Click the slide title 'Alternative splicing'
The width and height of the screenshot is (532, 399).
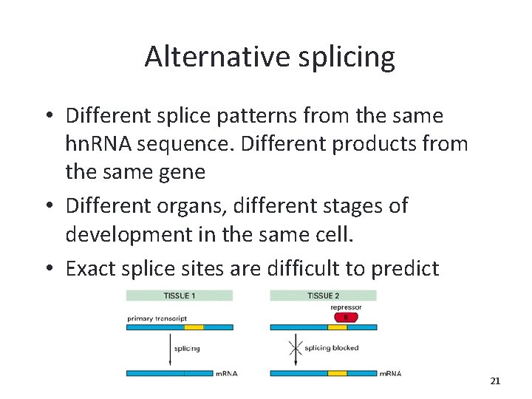click(270, 56)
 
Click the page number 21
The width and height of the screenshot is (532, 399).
click(495, 381)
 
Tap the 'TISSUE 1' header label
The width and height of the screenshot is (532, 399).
click(180, 296)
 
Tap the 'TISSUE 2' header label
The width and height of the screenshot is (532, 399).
click(323, 296)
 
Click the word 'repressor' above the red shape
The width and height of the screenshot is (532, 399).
click(346, 307)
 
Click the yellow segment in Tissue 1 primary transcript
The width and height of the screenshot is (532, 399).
click(194, 327)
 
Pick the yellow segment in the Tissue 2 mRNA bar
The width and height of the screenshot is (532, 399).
click(337, 374)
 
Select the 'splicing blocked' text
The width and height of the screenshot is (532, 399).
click(332, 348)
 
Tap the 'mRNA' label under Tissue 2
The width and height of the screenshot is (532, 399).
click(390, 374)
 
